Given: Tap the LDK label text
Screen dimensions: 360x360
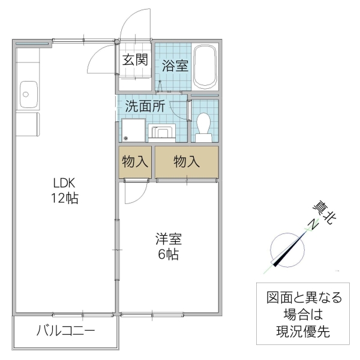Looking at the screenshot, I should pyautogui.click(x=65, y=184).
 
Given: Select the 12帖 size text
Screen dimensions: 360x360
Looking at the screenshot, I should pyautogui.click(x=65, y=199).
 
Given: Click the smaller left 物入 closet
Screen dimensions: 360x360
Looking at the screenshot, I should pyautogui.click(x=135, y=161).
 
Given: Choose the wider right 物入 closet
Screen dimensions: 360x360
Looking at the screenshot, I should pyautogui.click(x=186, y=161).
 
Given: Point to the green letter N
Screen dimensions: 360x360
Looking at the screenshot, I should pyautogui.click(x=311, y=226).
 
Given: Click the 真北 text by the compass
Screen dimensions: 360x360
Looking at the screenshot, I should pyautogui.click(x=324, y=213).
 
